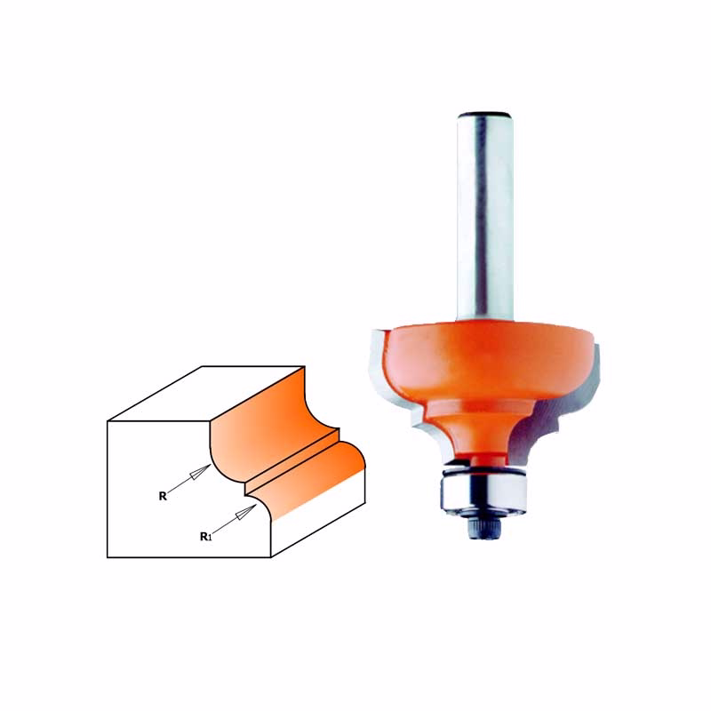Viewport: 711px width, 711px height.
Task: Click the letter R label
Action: click(x=163, y=497)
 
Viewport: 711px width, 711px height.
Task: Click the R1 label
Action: click(x=206, y=537)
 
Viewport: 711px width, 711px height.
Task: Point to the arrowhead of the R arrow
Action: click(x=200, y=472)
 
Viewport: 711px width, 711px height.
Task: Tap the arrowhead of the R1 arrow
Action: click(x=245, y=513)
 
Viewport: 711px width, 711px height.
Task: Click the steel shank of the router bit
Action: click(x=484, y=218)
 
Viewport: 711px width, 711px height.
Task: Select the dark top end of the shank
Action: click(x=485, y=115)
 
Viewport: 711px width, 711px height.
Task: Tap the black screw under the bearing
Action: click(x=485, y=528)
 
